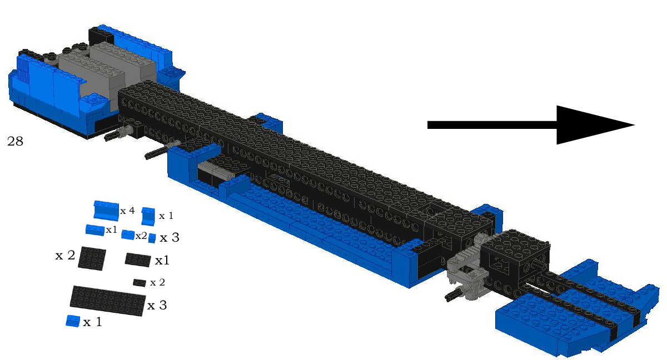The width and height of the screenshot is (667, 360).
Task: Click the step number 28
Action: [15, 141]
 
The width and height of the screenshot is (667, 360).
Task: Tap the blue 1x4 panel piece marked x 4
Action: [106, 211]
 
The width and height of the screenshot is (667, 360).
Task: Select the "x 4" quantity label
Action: [127, 211]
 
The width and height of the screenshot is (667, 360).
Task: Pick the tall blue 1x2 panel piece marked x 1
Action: [148, 216]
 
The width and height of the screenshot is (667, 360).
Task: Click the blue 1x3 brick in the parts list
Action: [95, 230]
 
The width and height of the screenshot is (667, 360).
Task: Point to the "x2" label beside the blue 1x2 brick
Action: [141, 236]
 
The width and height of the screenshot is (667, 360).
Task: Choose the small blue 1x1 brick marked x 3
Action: [152, 238]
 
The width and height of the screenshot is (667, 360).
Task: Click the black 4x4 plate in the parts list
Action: [92, 258]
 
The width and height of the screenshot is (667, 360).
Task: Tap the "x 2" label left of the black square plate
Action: [65, 255]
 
